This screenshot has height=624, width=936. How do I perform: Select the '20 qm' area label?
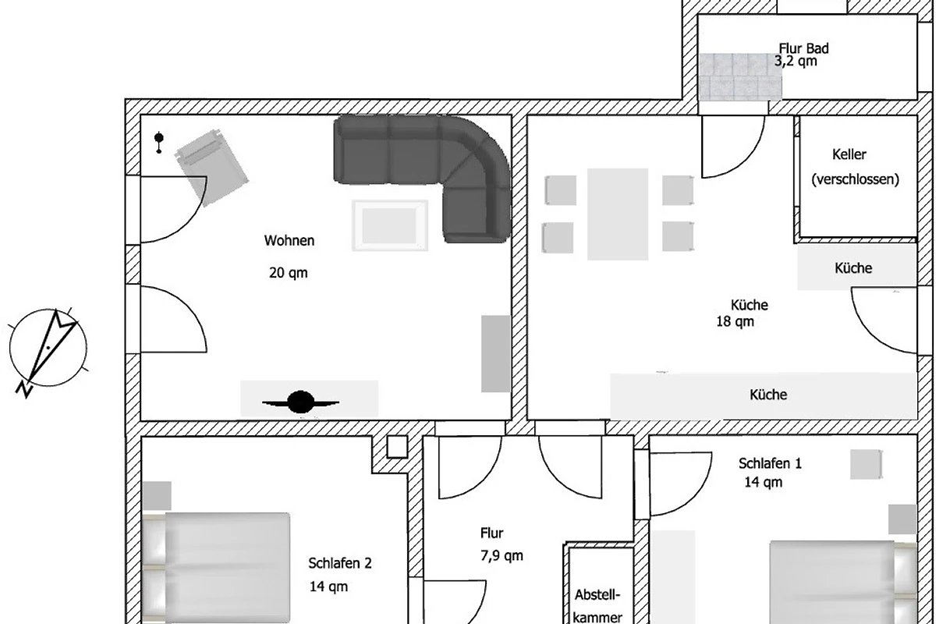click(289, 273)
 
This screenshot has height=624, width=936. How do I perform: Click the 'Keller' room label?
click(849, 154)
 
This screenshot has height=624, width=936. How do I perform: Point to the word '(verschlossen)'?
click(855, 179)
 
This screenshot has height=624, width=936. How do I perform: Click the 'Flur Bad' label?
click(803, 48)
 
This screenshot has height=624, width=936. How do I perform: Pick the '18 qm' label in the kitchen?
click(735, 322)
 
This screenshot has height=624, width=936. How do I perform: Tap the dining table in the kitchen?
click(618, 214)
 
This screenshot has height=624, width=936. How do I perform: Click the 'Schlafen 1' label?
click(770, 463)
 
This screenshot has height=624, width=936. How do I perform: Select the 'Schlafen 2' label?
click(340, 563)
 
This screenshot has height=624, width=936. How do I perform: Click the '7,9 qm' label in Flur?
click(502, 556)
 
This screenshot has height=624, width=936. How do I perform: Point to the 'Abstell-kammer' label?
click(597, 605)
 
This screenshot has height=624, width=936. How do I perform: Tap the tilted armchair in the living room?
click(212, 168)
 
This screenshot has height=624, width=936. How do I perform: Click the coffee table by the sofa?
click(390, 225)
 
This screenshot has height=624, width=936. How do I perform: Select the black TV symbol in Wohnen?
click(300, 402)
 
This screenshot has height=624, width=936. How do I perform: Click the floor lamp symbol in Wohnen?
click(159, 142)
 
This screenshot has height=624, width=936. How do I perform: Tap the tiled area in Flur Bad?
click(740, 77)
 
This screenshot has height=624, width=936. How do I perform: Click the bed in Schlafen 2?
click(217, 568)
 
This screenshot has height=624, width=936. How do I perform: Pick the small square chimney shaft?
click(397, 447)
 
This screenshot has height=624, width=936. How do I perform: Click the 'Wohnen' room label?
click(289, 241)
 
